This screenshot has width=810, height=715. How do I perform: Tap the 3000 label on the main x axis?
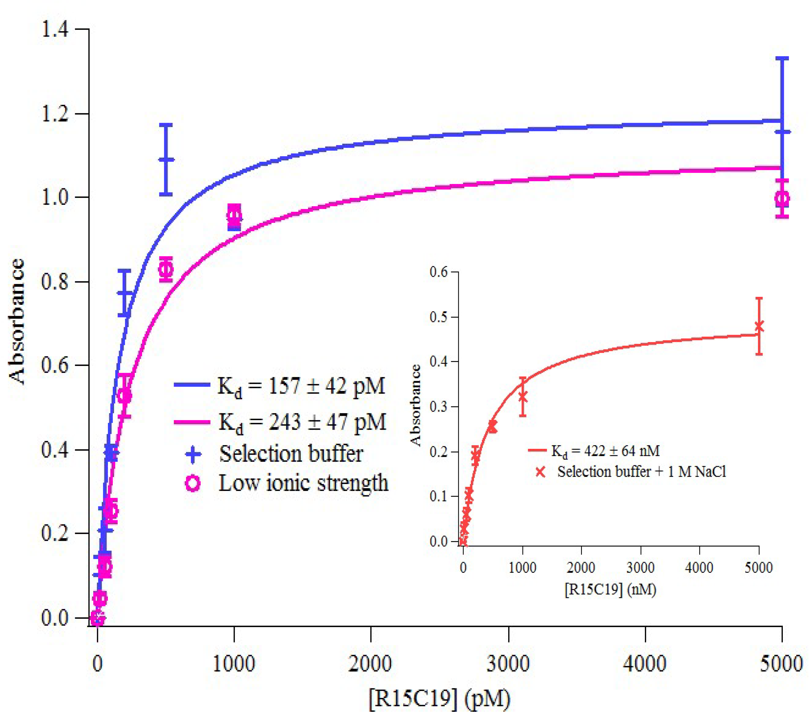(508, 663)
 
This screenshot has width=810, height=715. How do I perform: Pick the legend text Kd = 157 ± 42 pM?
(301, 386)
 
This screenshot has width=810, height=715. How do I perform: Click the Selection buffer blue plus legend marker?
(193, 454)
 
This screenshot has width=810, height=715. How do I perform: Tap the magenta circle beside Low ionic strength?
(193, 484)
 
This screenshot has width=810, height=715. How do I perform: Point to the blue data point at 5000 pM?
(782, 132)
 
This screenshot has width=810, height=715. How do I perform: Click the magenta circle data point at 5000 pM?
(782, 198)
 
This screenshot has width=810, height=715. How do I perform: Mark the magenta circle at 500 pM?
(166, 270)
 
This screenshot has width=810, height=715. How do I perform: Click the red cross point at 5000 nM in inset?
(759, 326)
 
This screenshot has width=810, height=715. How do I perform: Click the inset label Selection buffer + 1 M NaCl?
(641, 472)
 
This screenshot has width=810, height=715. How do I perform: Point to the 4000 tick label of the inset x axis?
(699, 568)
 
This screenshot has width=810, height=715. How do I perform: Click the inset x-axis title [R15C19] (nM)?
(610, 589)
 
